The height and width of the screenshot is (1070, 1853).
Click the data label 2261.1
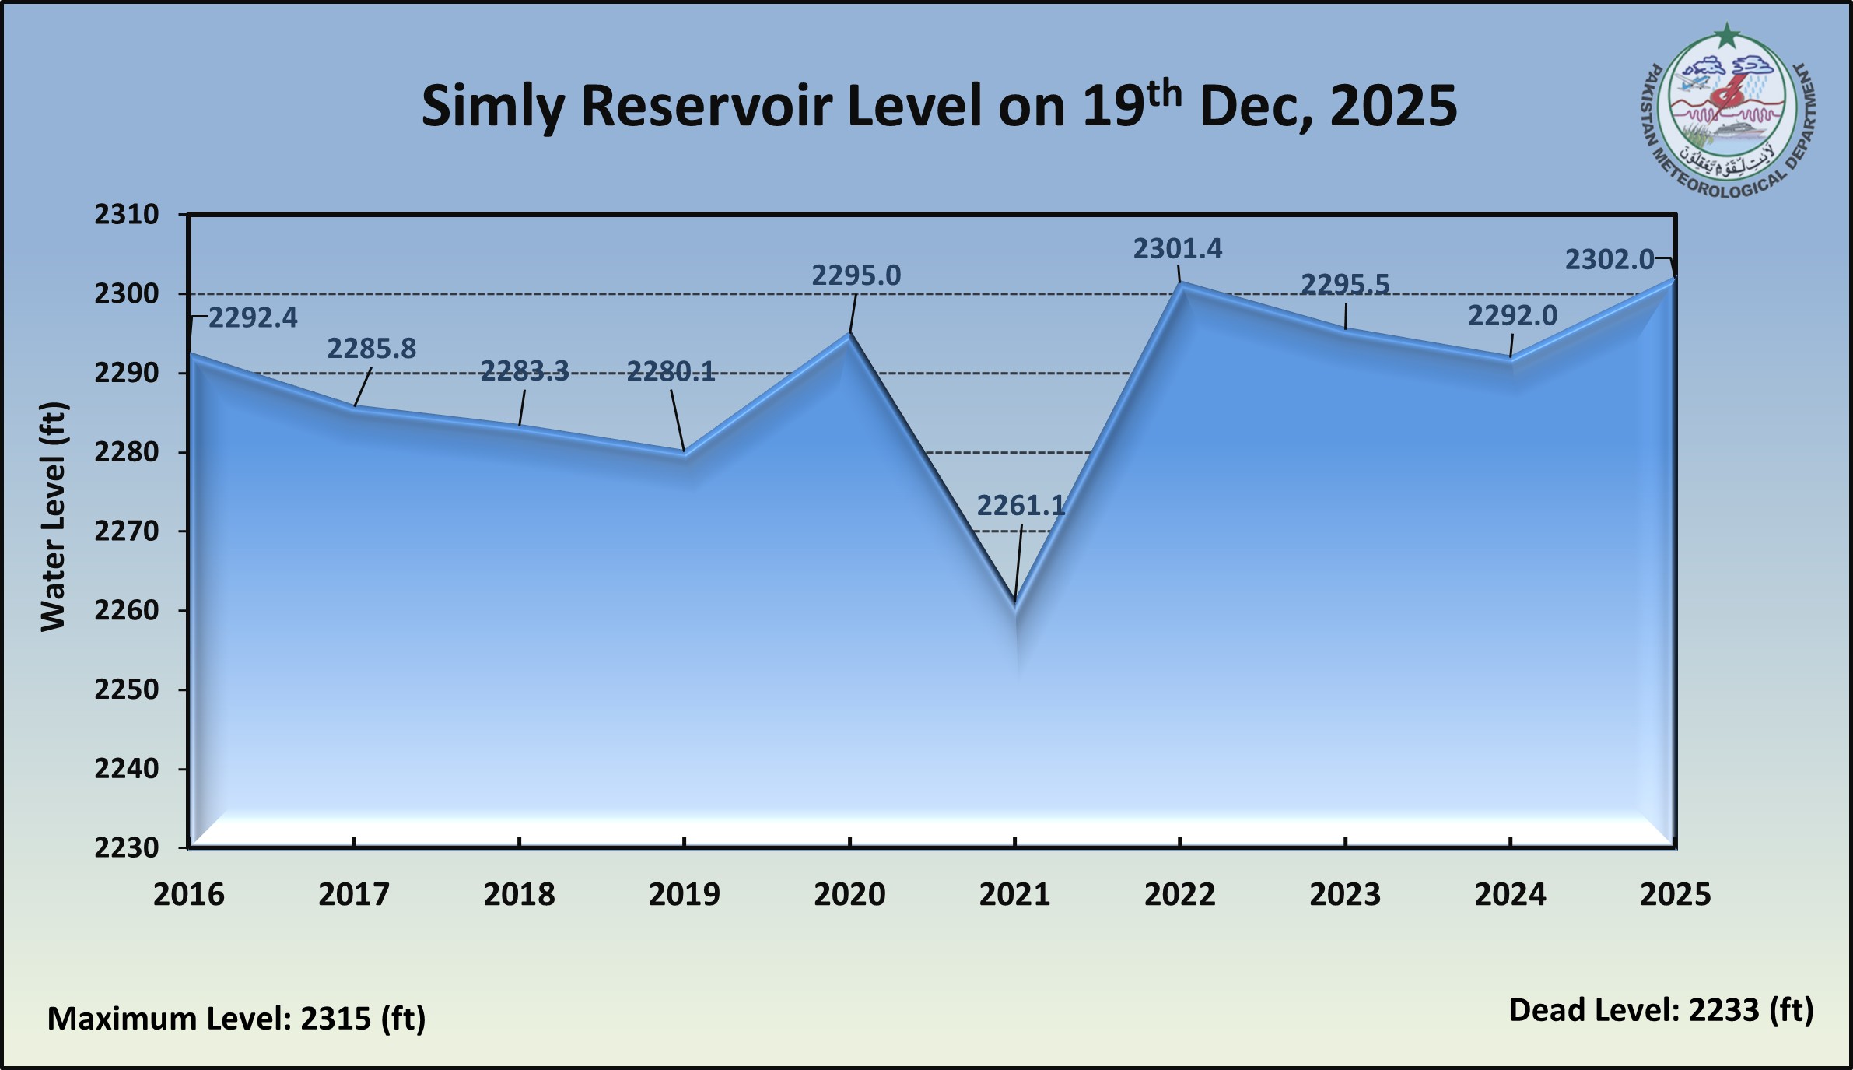[x=1020, y=506]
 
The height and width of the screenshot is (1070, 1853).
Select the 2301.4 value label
[x=1177, y=249]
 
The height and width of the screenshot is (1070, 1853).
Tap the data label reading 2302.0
[x=1609, y=260]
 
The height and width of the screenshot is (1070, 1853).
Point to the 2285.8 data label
[x=371, y=349]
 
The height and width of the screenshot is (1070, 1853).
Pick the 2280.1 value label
[x=671, y=372]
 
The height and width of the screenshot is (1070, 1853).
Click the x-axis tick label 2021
[x=1014, y=894]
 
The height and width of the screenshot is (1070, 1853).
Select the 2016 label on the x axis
[x=189, y=894]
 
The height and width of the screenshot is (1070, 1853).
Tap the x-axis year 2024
[x=1510, y=894]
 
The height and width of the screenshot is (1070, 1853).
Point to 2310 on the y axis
[x=127, y=215]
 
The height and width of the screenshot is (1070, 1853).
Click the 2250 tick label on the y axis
[x=127, y=689]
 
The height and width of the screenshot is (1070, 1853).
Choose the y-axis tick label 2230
[x=127, y=847]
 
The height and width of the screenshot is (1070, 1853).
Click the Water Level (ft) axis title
[x=54, y=517]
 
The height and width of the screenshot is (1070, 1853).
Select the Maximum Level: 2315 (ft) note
[x=236, y=1018]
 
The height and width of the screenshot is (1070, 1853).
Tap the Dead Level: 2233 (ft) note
[x=1661, y=1010]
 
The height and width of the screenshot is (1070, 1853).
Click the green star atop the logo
[x=1727, y=35]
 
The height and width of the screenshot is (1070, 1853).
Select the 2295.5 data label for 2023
[x=1345, y=285]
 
